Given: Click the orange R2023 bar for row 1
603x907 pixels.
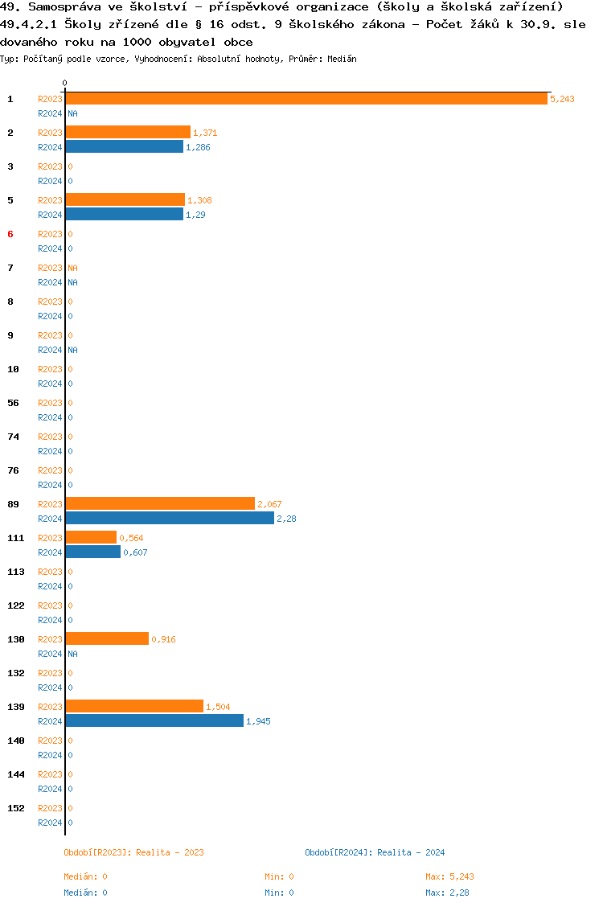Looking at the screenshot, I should coord(306,99).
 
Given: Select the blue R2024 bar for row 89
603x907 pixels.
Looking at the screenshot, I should coord(170,519).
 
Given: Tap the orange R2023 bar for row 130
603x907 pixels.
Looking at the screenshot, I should coord(107,639).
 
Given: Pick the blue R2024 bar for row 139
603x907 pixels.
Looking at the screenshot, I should coord(154,721).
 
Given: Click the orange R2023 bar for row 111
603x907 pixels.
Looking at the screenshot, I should coord(91,538).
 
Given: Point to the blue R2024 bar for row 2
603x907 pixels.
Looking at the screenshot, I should coord(124,147).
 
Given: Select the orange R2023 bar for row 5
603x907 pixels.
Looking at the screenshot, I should coord(125,200).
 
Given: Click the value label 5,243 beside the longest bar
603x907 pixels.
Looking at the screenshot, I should coord(562,99).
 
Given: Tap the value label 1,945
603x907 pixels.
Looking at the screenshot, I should coord(258,721).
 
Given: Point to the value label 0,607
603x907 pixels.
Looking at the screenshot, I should coord(135,552).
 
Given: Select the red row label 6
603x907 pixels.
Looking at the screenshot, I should coord(10,234).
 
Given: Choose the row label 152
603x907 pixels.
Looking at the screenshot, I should coord(16,808).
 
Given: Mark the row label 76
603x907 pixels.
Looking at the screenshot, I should coord(13,470).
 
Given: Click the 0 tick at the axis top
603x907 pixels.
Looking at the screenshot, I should coord(64,83).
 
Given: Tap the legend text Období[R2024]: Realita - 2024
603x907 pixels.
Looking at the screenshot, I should coord(375,852).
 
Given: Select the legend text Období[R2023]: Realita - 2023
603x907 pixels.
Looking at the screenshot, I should coord(133,852).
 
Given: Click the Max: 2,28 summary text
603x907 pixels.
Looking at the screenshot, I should coord(448,893).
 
